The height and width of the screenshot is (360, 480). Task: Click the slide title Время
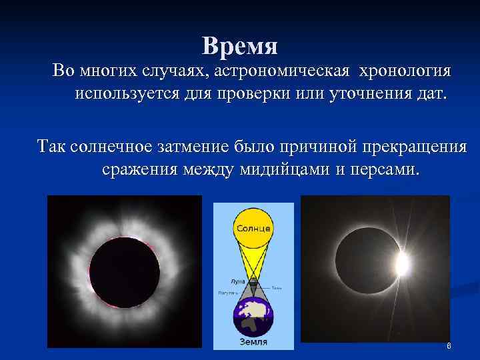click(x=240, y=47)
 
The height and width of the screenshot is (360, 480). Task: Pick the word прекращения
click(x=411, y=147)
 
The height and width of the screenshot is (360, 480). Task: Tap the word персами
click(x=383, y=170)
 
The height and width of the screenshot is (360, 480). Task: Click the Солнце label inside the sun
click(x=253, y=229)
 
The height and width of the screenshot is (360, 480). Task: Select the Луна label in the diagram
click(x=229, y=283)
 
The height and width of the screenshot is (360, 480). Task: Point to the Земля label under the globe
click(x=253, y=343)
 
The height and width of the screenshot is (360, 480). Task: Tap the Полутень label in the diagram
click(x=227, y=293)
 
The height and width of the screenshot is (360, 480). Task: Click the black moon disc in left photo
click(x=125, y=272)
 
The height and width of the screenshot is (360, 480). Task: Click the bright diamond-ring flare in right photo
click(x=402, y=265)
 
